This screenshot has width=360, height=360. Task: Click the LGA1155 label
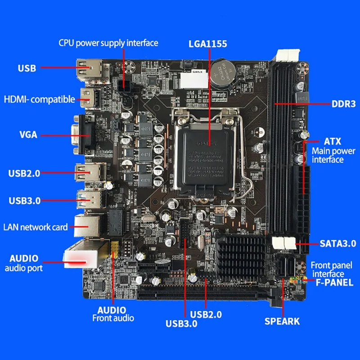pyautogui.click(x=207, y=44)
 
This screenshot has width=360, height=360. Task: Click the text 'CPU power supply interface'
pyautogui.click(x=108, y=43)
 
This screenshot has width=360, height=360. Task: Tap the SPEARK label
pyautogui.click(x=282, y=321)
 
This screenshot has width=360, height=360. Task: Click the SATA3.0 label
pyautogui.click(x=337, y=243)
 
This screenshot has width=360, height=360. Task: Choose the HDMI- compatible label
pyautogui.click(x=39, y=99)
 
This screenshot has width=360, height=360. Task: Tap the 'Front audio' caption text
pyautogui.click(x=113, y=318)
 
